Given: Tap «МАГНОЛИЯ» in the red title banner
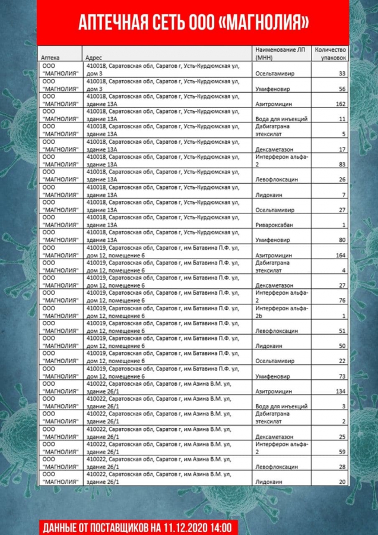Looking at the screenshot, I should (262, 23).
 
